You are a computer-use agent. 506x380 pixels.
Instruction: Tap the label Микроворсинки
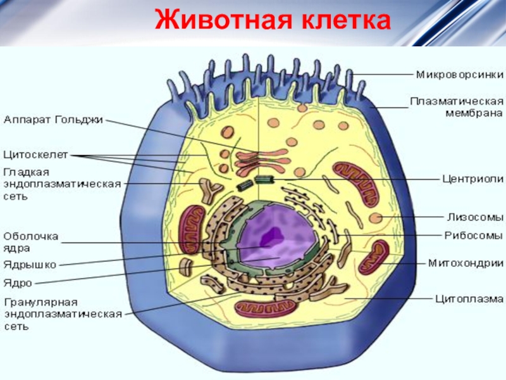(x=459, y=74)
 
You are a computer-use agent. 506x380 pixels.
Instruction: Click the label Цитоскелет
(x=35, y=155)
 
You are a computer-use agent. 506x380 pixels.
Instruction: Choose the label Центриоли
(x=469, y=179)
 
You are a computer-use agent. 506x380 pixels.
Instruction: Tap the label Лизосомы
(x=475, y=217)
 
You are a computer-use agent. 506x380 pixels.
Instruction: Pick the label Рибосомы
(x=473, y=236)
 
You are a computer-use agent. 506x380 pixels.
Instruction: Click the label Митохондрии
(x=466, y=263)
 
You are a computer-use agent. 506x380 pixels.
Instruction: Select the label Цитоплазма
(x=469, y=298)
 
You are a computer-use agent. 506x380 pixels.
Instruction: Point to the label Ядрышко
(x=30, y=264)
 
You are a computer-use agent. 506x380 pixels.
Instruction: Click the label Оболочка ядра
(x=31, y=241)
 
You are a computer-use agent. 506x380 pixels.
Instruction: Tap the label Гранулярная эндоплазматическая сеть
(x=62, y=314)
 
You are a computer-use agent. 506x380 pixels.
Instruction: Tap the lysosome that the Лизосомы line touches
(x=376, y=218)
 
